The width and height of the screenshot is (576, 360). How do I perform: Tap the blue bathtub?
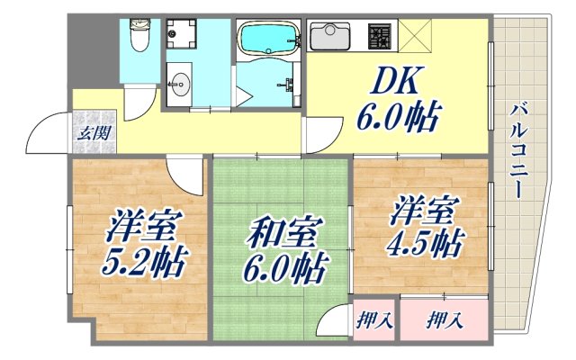[268, 39]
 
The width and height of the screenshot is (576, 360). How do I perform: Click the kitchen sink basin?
[329, 37]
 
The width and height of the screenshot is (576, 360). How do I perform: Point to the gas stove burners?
[380, 37]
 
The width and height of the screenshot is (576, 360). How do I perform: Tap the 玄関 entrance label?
[94, 133]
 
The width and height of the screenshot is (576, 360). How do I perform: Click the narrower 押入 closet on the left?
[373, 319]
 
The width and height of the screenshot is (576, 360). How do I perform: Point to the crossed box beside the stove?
[415, 37]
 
